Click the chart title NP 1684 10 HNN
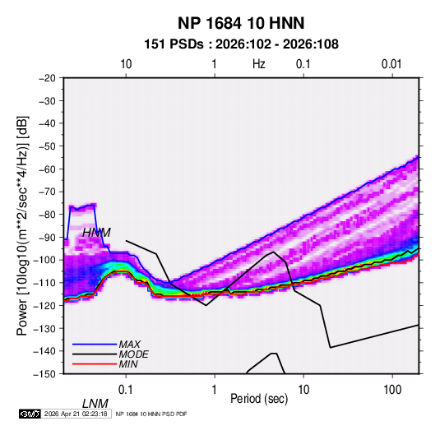click(241, 23)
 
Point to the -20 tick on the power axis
click(47, 78)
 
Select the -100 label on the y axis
click(44, 260)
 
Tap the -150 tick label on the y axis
click(44, 374)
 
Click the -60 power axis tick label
click(47, 169)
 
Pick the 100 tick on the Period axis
click(392, 390)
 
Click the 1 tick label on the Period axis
click(215, 390)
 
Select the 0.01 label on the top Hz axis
click(391, 64)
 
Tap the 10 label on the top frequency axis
click(126, 64)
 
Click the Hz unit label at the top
click(259, 64)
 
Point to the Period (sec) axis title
click(259, 399)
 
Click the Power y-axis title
click(22, 225)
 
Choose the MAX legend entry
click(129, 345)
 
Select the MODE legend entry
click(133, 354)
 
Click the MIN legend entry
click(128, 364)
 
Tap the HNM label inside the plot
click(96, 233)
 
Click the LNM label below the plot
click(95, 404)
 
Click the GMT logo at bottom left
click(30, 414)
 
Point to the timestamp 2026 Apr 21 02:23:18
click(76, 414)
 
